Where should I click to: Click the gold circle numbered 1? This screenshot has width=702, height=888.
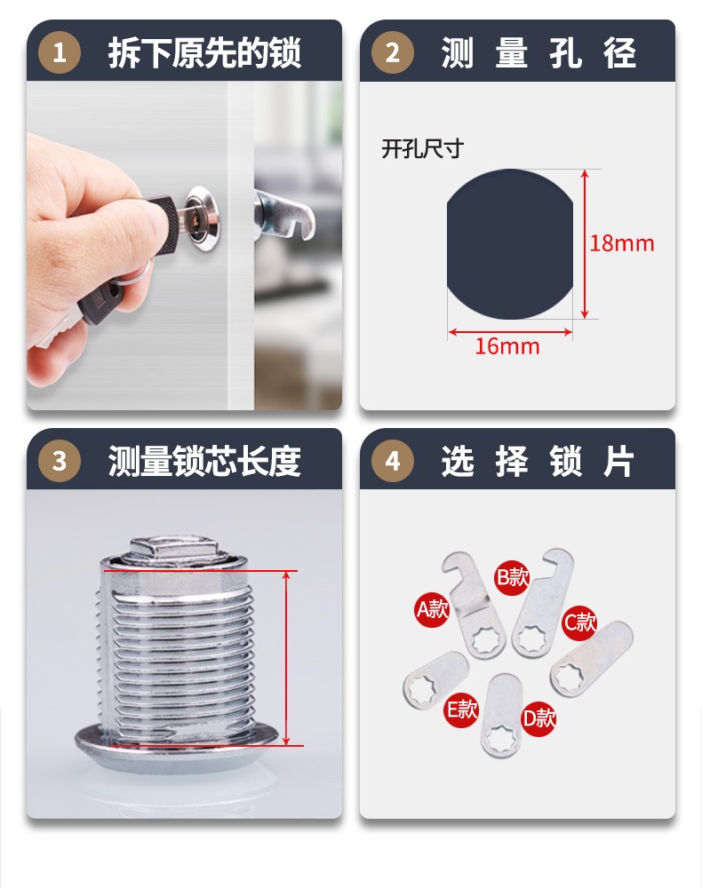tap(59, 52)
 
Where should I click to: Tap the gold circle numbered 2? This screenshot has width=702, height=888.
tap(392, 52)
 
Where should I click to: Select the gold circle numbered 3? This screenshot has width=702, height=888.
tap(59, 461)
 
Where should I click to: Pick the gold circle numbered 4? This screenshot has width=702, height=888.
tap(392, 461)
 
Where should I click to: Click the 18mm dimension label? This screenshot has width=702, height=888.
tap(621, 243)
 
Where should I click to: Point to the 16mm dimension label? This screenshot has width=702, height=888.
tap(507, 346)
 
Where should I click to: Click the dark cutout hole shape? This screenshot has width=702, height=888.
tap(510, 244)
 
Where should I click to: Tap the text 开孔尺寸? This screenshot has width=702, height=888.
tap(422, 149)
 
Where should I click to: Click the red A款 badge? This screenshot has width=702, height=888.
tap(432, 609)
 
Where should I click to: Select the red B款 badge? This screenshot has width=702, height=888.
tap(512, 578)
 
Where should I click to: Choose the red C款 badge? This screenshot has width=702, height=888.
tap(579, 622)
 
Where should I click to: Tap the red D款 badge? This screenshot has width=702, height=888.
tap(538, 718)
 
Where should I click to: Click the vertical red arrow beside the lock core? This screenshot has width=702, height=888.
tap(287, 658)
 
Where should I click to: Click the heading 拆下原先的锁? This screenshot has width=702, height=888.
tap(204, 53)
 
